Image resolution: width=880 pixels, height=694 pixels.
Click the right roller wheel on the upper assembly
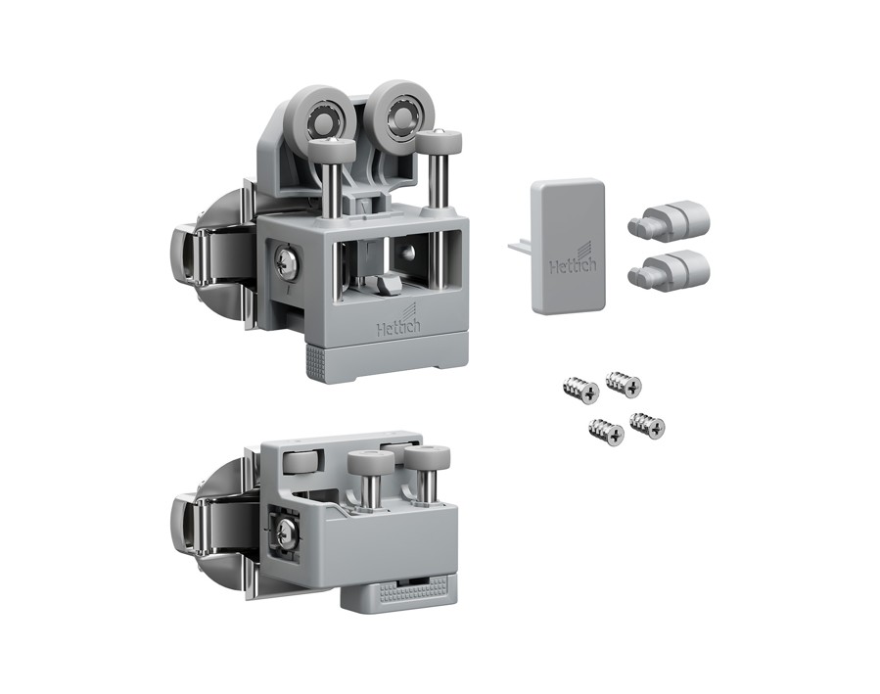(395, 109)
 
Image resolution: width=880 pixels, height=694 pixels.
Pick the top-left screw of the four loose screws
(580, 390)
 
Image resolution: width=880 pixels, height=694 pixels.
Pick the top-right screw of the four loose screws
(624, 383)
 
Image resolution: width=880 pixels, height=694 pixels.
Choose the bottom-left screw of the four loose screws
(607, 432)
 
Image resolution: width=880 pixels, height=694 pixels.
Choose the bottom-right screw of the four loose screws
(648, 426)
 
